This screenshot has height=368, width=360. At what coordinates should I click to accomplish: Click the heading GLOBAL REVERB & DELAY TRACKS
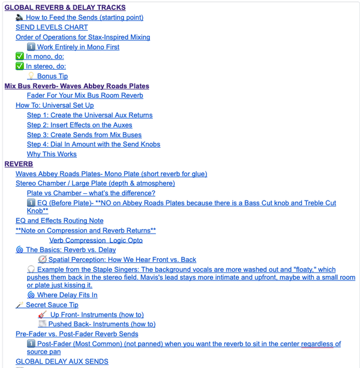(65, 8)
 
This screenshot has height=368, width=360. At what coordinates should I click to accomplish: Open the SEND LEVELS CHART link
(51, 27)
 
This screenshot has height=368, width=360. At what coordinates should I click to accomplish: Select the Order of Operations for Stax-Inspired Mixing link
(83, 37)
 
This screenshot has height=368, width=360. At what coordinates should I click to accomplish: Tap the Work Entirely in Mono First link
(78, 47)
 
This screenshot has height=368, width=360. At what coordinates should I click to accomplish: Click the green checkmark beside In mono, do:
(20, 56)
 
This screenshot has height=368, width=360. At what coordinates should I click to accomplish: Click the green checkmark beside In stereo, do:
(20, 66)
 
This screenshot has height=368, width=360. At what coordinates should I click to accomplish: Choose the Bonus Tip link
(52, 76)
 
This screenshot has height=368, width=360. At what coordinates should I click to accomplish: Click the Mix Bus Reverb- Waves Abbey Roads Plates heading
(77, 86)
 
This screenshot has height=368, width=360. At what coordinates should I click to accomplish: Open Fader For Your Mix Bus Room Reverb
(85, 95)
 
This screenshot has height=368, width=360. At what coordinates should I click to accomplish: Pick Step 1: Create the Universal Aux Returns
(90, 115)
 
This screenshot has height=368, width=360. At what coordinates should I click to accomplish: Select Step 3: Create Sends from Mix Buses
(85, 134)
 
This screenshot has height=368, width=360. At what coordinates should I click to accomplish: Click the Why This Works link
(52, 154)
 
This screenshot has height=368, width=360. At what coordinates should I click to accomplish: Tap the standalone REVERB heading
(19, 164)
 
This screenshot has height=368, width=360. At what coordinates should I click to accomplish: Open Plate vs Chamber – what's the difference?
(91, 193)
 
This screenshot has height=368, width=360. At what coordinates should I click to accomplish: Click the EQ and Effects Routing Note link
(59, 221)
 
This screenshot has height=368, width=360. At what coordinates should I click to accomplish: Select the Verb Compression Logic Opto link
(96, 240)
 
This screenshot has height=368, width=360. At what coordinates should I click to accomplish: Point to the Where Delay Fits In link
(67, 295)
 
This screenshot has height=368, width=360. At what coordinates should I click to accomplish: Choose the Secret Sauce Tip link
(52, 305)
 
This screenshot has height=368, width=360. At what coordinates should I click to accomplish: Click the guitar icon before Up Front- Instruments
(43, 315)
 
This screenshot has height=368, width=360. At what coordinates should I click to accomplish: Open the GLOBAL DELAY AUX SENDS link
(62, 361)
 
